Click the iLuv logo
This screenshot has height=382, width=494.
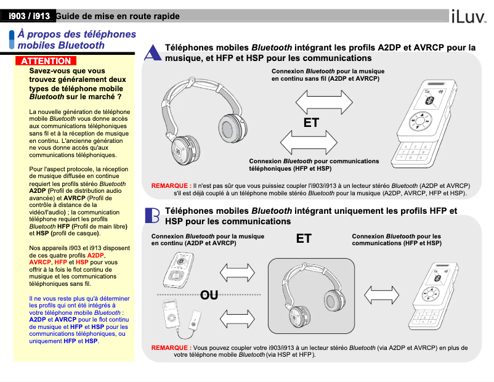tap(469, 17)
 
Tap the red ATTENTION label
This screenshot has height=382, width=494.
tap(46, 61)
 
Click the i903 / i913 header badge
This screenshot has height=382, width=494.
tap(29, 15)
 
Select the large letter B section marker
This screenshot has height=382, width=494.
tap(152, 215)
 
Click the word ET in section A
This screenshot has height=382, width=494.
tap(311, 123)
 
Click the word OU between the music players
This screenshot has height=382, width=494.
tap(209, 295)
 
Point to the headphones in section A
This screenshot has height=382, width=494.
tap(196, 122)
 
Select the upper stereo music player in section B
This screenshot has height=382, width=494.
tap(178, 269)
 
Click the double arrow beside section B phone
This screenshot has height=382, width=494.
tap(382, 293)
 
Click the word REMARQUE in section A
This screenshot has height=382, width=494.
tap(171, 185)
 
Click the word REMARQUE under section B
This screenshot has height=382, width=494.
tap(171, 347)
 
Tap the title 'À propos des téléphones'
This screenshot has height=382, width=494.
tap(76, 35)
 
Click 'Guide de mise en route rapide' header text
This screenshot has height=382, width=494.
tap(118, 15)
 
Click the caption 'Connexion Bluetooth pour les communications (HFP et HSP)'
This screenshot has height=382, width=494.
tap(396, 240)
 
